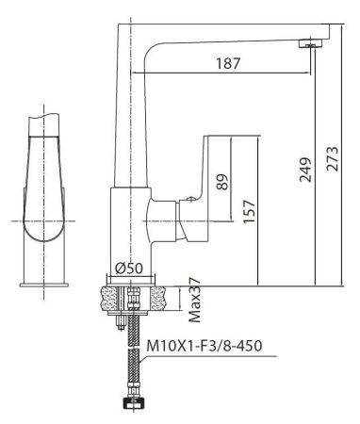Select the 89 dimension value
[x=222, y=181]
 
